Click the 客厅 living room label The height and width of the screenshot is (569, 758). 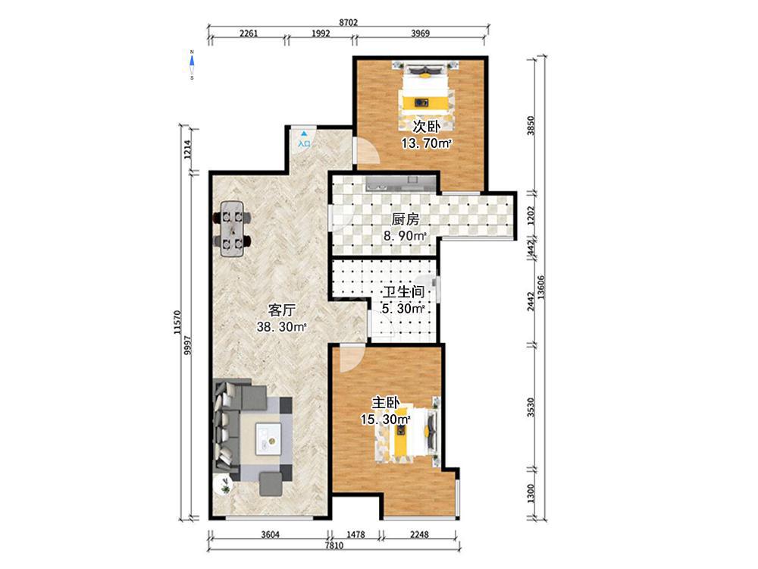click(x=281, y=310)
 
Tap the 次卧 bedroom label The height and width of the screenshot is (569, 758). click(x=426, y=127)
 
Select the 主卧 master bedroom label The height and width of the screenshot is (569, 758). click(x=385, y=403)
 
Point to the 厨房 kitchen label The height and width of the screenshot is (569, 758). click(x=405, y=220)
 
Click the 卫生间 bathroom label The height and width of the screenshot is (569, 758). click(x=404, y=292)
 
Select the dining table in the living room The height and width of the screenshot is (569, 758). click(x=232, y=228)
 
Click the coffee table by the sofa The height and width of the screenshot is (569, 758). click(x=269, y=439)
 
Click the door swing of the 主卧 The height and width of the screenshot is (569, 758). click(x=352, y=358)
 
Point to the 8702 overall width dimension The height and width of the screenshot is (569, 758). click(x=348, y=23)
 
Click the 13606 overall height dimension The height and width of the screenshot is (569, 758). click(x=541, y=288)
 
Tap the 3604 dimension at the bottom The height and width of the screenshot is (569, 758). click(x=271, y=534)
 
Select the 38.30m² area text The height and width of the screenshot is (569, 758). click(x=281, y=327)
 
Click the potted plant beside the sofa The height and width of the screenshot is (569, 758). click(x=225, y=486)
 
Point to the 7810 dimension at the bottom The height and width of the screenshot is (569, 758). click(x=334, y=545)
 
